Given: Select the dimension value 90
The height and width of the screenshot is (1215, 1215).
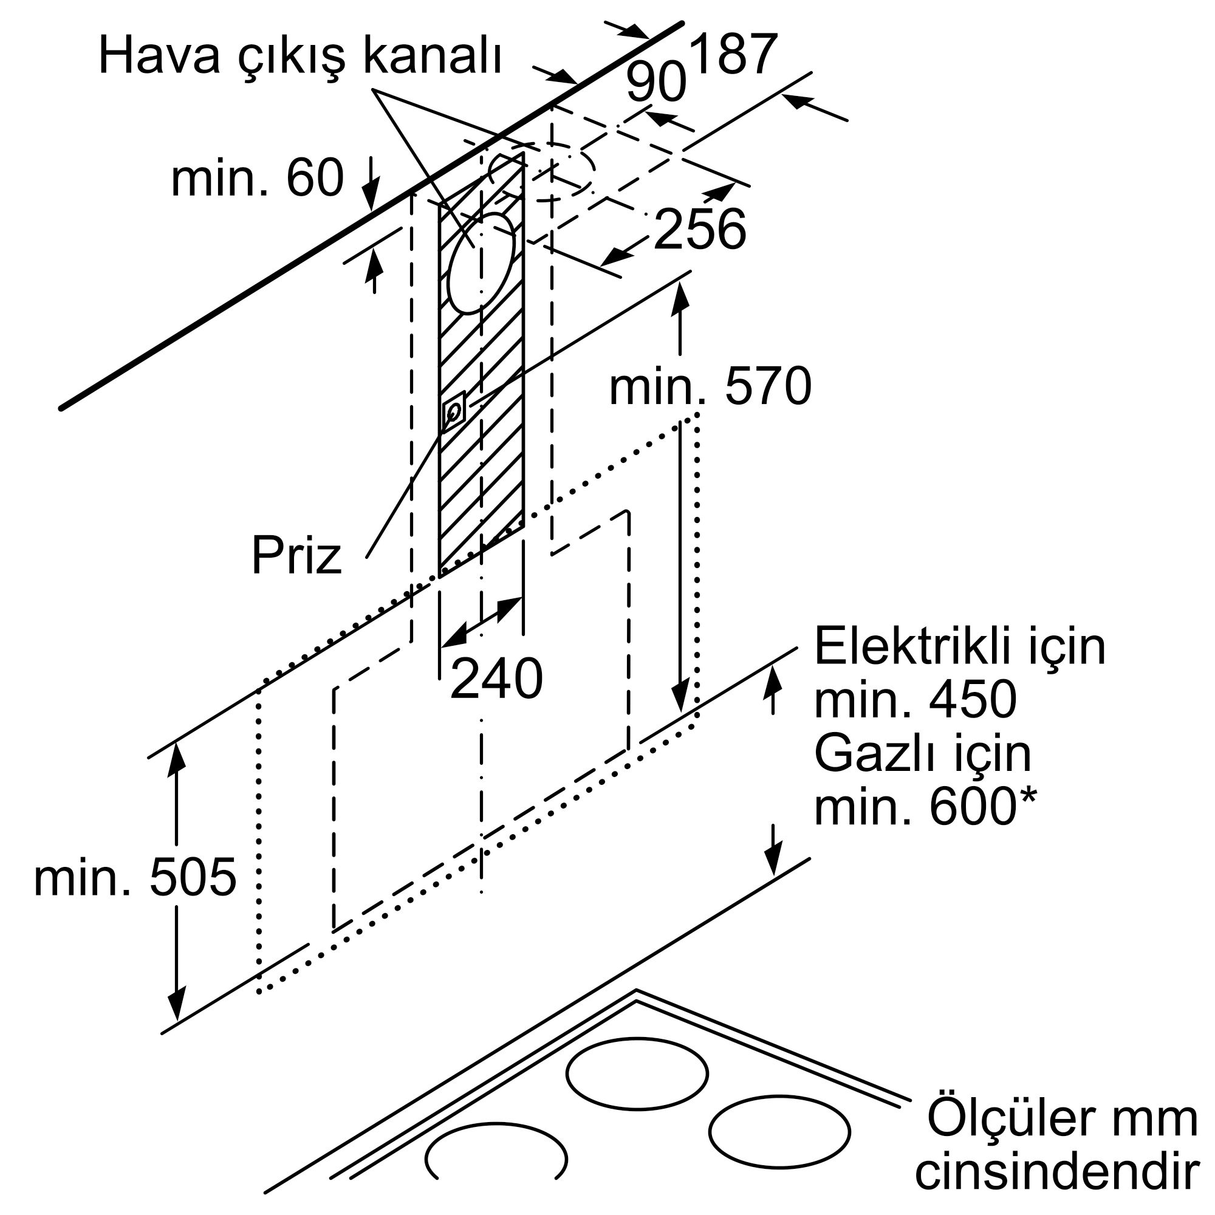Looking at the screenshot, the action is (656, 83).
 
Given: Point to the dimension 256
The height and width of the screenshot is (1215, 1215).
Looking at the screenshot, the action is (700, 228).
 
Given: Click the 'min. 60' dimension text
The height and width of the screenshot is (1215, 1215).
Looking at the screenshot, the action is (258, 177).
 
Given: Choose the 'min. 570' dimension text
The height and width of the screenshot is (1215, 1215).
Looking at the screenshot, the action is (711, 388).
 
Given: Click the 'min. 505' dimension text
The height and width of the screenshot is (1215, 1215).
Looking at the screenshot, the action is (135, 877).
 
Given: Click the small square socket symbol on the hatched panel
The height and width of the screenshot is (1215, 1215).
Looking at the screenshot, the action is (454, 411).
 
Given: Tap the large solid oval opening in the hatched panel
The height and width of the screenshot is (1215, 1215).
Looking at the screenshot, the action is (481, 263).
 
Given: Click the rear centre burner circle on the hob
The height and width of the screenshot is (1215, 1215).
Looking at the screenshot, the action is (637, 1073).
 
